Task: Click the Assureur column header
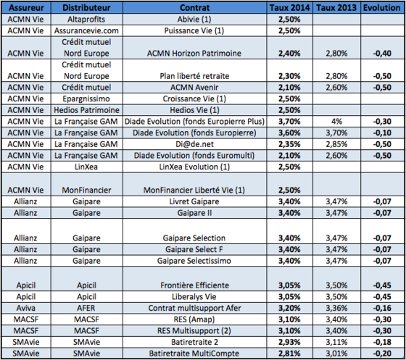26,7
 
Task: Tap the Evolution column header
381,7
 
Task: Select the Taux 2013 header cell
336,7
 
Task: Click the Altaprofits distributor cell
86,19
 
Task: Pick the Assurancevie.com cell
86,30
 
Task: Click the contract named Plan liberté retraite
194,76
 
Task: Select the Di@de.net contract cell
194,144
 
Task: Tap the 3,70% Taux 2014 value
289,121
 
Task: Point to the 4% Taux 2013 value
336,121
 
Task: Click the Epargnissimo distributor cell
86,99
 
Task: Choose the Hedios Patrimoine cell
86,110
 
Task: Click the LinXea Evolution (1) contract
194,167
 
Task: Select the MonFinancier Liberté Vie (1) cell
194,190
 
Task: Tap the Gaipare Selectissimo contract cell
194,261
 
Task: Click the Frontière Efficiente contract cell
194,285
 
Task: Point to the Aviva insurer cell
26,308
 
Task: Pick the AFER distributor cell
86,308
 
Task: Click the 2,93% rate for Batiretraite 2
289,342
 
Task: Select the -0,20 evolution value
382,353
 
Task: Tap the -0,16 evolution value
382,308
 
